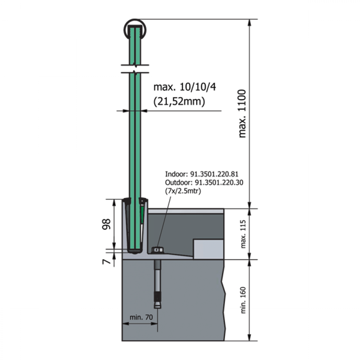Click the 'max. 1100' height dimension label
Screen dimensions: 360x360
(242, 114)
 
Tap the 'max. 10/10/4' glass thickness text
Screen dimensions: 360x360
(185, 87)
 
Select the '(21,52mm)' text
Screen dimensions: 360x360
(179, 101)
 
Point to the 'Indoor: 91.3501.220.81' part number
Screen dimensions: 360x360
(202, 174)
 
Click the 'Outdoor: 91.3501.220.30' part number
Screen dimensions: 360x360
(204, 183)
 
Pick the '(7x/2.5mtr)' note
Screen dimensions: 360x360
(183, 191)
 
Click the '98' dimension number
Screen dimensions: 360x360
(106, 224)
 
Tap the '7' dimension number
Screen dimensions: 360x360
(106, 261)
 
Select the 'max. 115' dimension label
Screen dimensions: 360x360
(243, 234)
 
